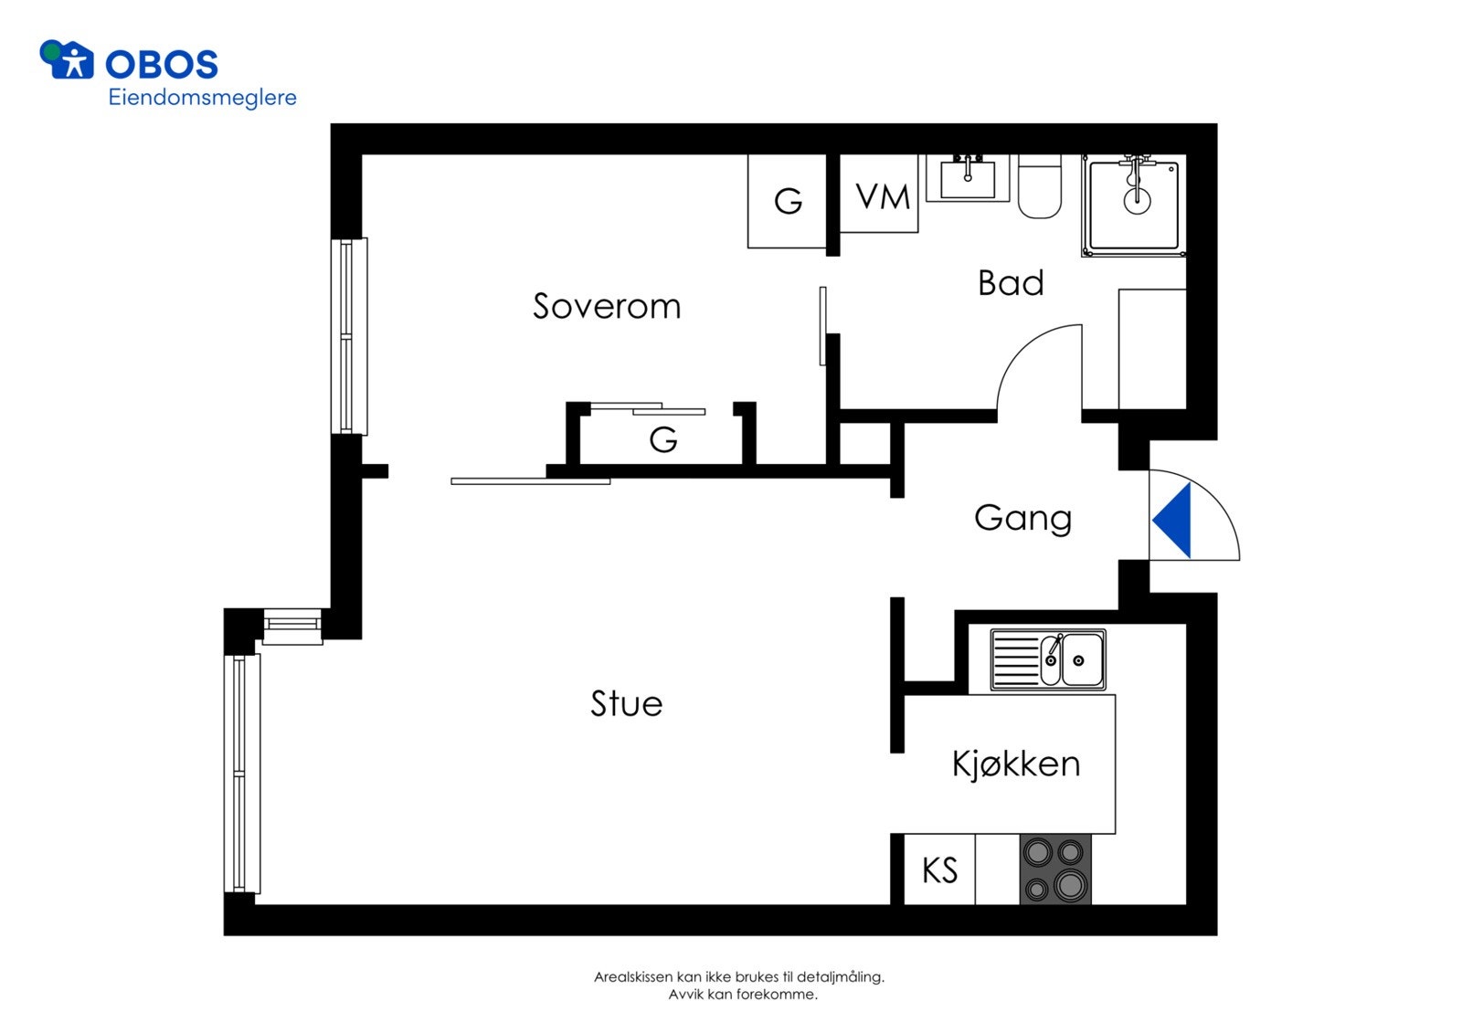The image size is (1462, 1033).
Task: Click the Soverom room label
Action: tap(607, 306)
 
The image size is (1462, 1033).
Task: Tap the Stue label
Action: tap(627, 703)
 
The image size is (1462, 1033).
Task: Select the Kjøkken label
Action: tap(1015, 764)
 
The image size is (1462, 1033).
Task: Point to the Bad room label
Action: tap(1011, 283)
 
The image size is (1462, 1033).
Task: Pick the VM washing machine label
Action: tap(883, 196)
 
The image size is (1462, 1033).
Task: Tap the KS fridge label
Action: tap(940, 870)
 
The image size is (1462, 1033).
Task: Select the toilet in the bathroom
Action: tap(1040, 186)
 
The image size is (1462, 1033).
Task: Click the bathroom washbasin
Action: tap(968, 178)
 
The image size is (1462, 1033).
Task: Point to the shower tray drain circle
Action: tap(1137, 202)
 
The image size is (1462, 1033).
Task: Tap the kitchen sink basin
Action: tap(1082, 659)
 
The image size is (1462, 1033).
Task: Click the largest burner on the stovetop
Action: tap(1069, 885)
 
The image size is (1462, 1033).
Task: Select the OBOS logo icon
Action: tap(67, 59)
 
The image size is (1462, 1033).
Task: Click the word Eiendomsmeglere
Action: tap(202, 98)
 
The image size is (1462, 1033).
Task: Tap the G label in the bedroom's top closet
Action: tap(788, 201)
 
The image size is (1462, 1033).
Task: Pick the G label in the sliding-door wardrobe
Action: tap(663, 440)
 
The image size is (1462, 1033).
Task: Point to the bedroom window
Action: tap(349, 336)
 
